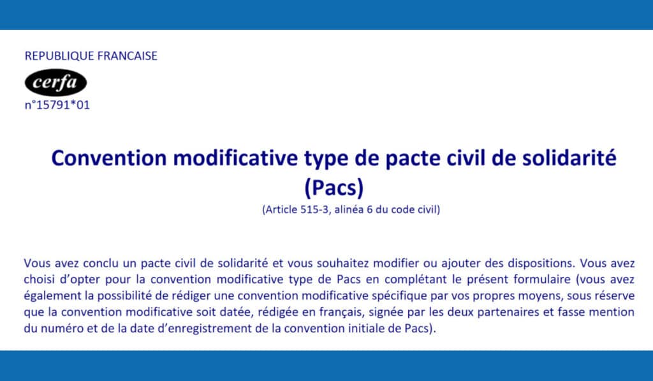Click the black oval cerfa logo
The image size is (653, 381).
click(56, 82)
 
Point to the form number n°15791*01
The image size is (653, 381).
click(57, 105)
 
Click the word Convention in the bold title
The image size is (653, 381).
click(110, 158)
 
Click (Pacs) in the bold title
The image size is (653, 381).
click(334, 188)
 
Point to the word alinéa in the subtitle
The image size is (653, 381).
click(349, 209)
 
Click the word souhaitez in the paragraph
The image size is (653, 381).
click(342, 264)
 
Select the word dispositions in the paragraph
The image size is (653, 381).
click(541, 264)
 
